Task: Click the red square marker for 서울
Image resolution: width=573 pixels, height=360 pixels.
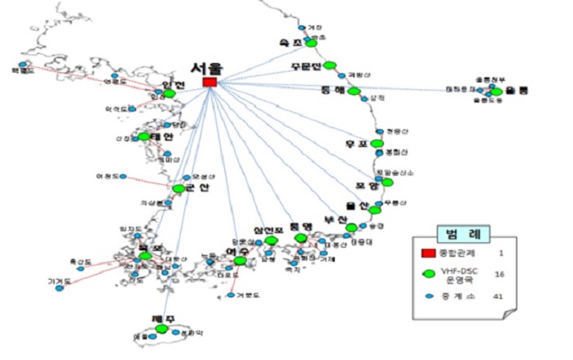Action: coord(210,83)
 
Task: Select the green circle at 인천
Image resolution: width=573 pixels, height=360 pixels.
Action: coord(169,94)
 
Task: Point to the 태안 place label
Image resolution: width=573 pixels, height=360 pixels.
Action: coord(162,137)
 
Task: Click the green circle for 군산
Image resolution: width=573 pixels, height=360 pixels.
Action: coord(178,188)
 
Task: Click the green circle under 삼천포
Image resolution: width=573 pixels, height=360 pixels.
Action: coord(271,241)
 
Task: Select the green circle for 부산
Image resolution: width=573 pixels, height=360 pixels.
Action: coord(351,227)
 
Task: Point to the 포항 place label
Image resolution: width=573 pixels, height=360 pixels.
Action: coord(367,186)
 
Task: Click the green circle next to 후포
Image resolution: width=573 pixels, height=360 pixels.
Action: coord(377,144)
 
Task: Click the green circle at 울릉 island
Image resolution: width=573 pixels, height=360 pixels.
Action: coord(495,92)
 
